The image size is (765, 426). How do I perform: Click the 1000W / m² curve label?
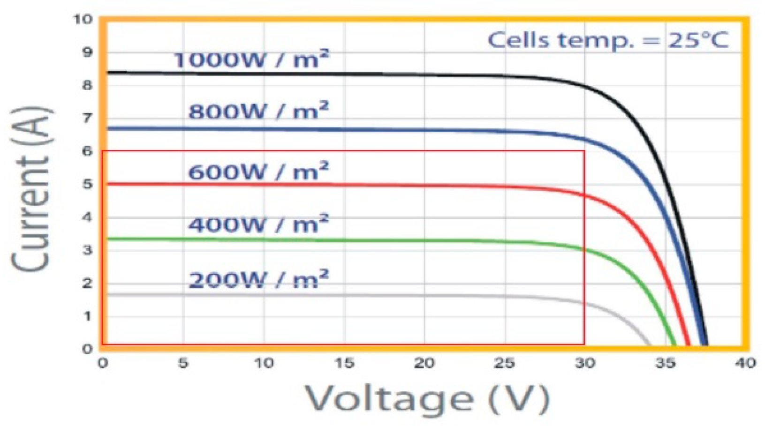[x=251, y=60]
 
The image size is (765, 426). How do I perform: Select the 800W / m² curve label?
[x=258, y=112]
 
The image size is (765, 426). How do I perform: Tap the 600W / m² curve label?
[x=258, y=172]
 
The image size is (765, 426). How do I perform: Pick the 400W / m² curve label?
[x=258, y=224]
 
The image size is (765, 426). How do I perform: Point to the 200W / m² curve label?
[x=258, y=280]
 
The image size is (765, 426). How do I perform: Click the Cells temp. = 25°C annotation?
[x=608, y=40]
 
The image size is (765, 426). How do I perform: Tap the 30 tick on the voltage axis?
[x=584, y=363]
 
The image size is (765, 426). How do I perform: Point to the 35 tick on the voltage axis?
[x=665, y=363]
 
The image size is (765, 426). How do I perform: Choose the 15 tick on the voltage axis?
[x=344, y=363]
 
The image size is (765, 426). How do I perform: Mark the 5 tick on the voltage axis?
[x=183, y=363]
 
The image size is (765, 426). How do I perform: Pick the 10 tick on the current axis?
[x=83, y=19]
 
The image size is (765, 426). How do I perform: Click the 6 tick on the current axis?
[x=87, y=151]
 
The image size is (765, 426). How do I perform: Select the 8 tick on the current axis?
[x=87, y=85]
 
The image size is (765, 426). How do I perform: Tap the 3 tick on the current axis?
[x=87, y=250]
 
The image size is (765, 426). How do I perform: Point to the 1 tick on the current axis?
[x=87, y=316]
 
